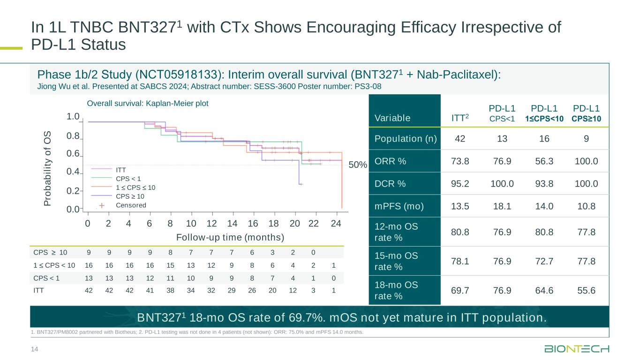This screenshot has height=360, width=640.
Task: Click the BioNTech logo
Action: point(577,349)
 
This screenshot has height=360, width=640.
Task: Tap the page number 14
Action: point(34,348)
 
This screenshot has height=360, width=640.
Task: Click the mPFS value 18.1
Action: point(502,206)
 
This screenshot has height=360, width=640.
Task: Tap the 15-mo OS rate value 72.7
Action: point(543,261)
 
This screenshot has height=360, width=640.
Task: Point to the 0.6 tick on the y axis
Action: point(73,154)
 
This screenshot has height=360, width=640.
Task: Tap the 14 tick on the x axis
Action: point(232,223)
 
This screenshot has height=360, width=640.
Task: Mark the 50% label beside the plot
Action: point(358,165)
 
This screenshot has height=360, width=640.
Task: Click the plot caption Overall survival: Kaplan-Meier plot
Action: point(148,103)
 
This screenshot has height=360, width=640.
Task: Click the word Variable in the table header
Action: point(392,118)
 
